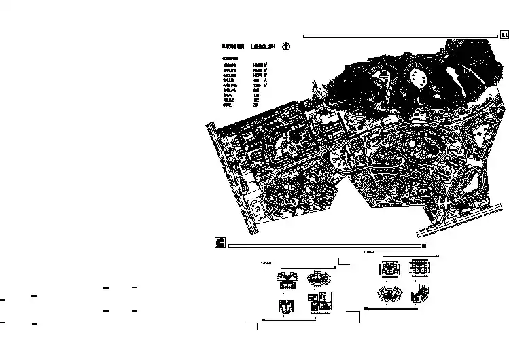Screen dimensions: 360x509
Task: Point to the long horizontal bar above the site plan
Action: tap(401, 35)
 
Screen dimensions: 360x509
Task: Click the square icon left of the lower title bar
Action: tap(220, 242)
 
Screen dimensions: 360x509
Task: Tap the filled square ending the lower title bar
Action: tap(425, 246)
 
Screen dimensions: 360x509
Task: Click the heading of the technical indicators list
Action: tap(231, 59)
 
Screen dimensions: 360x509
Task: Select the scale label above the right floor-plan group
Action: tap(369, 251)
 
